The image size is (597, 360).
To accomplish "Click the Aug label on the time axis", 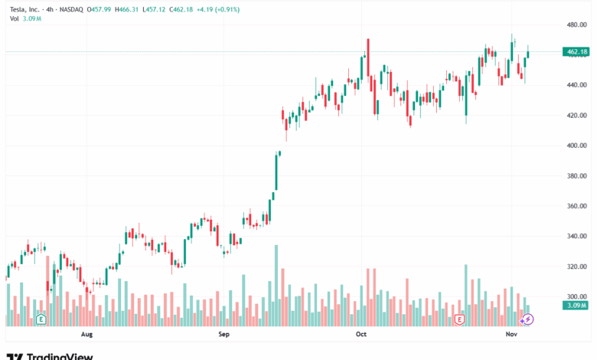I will click(x=86, y=335).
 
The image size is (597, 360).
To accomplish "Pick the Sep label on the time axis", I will click(x=223, y=335).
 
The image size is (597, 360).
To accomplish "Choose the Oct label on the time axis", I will click(x=361, y=335).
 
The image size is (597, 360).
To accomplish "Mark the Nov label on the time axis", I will click(x=511, y=335).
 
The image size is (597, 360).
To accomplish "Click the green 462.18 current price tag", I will click(x=576, y=52).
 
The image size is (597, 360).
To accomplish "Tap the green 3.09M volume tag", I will click(x=576, y=306).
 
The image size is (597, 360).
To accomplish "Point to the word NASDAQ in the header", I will click(x=74, y=9).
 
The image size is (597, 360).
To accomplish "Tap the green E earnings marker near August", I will click(x=41, y=319).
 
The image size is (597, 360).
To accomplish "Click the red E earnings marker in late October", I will click(x=460, y=319).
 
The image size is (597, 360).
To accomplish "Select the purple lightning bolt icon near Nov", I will click(x=527, y=319).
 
